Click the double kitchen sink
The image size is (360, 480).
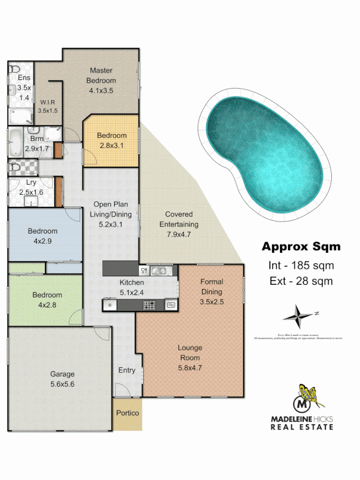point(159,270)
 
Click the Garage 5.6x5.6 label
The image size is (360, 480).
point(62,379)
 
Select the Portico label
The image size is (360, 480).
point(128,413)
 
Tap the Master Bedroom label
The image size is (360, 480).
point(101,75)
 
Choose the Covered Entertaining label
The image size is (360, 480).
point(179,219)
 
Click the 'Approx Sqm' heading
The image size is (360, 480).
point(301,246)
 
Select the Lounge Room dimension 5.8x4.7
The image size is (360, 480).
point(190,367)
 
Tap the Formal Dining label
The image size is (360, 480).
point(211,286)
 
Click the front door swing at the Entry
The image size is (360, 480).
point(122,390)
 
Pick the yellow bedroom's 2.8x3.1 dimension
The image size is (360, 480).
point(111,146)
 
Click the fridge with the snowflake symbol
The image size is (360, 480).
point(110,305)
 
